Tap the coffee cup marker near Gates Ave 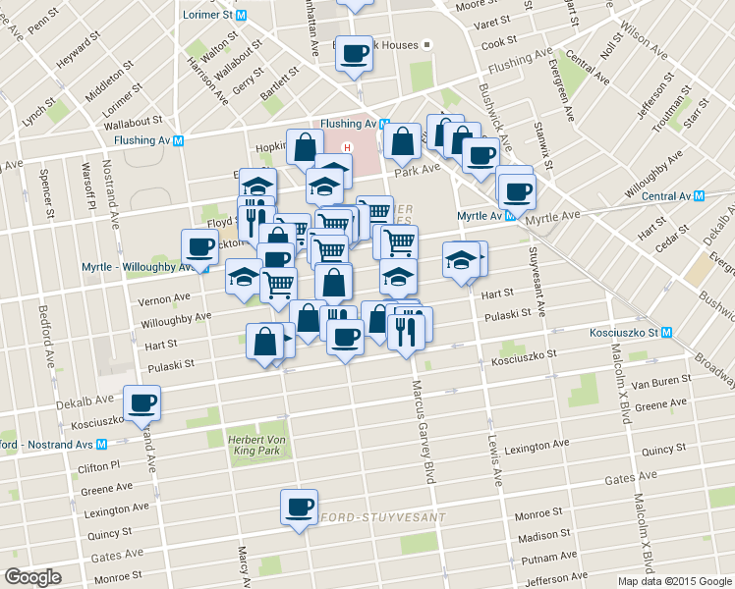[299, 507]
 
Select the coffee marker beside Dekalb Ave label [141, 402]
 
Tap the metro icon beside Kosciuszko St [667, 333]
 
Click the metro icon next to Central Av [699, 196]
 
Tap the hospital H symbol [332, 150]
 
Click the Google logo [33, 577]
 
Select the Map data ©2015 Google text [674, 581]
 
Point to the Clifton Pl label [99, 466]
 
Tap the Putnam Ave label [542, 558]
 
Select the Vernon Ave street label [166, 297]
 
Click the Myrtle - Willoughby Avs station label [131, 267]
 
